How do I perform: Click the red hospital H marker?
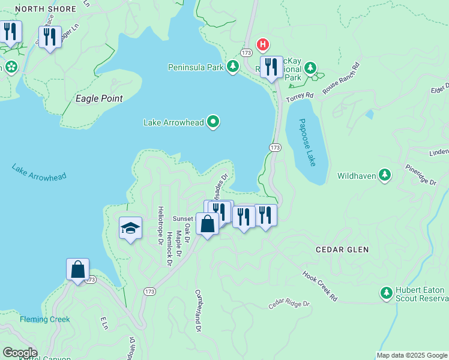pos(262,44)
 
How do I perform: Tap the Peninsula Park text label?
pos(196,67)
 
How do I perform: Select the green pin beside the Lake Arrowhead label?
pos(213,122)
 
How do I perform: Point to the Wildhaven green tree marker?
pos(385,176)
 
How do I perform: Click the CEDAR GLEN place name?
pos(343,249)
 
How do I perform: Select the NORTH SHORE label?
pos(46,9)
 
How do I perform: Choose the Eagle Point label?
pos(99,98)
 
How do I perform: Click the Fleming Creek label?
pos(44,319)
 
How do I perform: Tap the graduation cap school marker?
pos(130,229)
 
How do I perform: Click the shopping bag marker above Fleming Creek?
pos(78,270)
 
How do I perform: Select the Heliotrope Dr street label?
pos(160,226)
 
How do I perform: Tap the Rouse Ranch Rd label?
pos(340,79)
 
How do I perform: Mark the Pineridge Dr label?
pos(420,174)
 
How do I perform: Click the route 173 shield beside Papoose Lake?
pos(275,147)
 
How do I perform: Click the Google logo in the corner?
pos(19,353)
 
